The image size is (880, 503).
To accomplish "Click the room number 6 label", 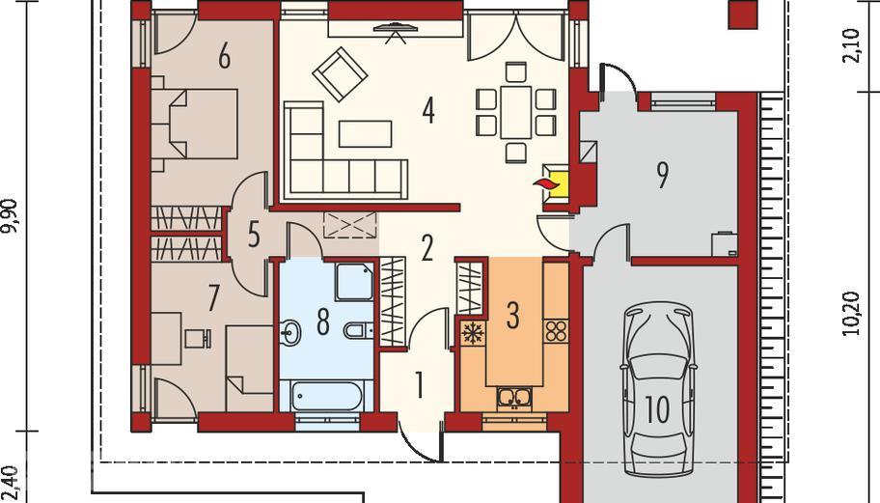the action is pyautogui.click(x=224, y=56).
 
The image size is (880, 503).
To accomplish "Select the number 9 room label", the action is pyautogui.click(x=662, y=175).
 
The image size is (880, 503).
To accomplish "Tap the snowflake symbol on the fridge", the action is pyautogui.click(x=473, y=333).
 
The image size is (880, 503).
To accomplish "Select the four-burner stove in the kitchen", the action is pyautogui.click(x=556, y=330).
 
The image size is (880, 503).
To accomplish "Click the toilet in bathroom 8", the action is pyautogui.click(x=356, y=330).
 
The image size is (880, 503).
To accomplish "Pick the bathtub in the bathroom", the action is pyautogui.click(x=325, y=397).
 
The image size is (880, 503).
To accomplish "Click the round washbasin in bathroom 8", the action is pyautogui.click(x=290, y=331).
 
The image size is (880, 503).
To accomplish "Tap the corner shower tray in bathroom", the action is pyautogui.click(x=354, y=281).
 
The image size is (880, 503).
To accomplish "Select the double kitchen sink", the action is pyautogui.click(x=513, y=397).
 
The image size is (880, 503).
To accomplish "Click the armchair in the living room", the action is pyautogui.click(x=340, y=74).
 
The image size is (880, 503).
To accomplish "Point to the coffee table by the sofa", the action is pyautogui.click(x=366, y=134).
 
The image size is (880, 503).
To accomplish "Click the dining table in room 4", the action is pyautogui.click(x=516, y=113).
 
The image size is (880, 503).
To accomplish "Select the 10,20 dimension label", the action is pyautogui.click(x=851, y=313).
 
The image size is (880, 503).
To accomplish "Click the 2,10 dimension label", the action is pyautogui.click(x=851, y=46).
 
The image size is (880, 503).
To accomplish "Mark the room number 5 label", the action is pyautogui.click(x=254, y=235).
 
